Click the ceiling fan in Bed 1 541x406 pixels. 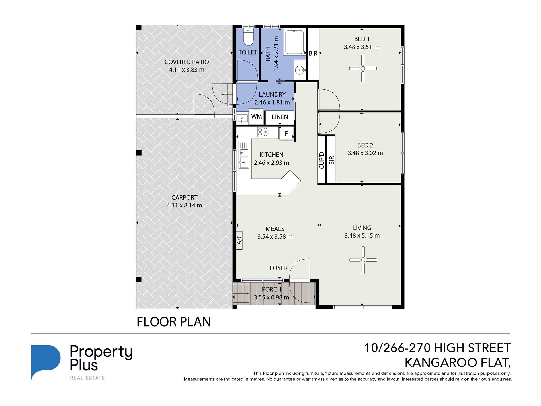363,68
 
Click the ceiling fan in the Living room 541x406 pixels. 363,260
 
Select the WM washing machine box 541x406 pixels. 256,116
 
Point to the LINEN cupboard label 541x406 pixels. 280,117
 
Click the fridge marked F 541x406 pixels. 286,134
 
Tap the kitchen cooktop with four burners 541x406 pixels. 263,132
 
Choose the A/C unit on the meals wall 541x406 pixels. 239,240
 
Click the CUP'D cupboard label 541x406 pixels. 322,160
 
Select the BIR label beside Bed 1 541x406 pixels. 313,53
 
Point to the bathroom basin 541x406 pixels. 300,70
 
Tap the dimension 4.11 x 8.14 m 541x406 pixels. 184,205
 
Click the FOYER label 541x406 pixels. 278,268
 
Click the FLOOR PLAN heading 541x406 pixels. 174,322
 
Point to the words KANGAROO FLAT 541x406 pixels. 458,363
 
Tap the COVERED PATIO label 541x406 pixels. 187,62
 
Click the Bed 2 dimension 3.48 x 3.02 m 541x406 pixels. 365,153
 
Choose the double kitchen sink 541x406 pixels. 244,155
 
